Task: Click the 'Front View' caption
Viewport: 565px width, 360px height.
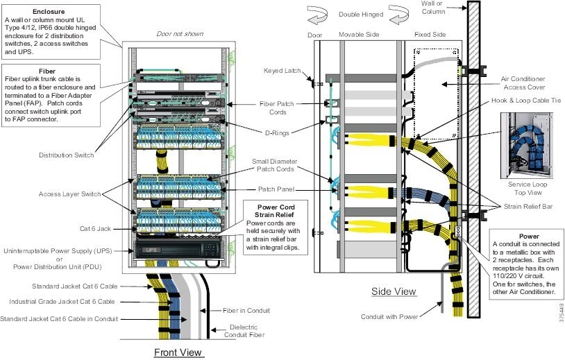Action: coord(178,352)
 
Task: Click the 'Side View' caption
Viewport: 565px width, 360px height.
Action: coord(394,291)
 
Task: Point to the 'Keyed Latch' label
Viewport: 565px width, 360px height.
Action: coord(282,71)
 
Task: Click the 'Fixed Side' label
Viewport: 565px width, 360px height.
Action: coord(430,34)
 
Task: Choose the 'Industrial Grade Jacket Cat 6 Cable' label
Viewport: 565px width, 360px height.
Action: coord(63,302)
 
